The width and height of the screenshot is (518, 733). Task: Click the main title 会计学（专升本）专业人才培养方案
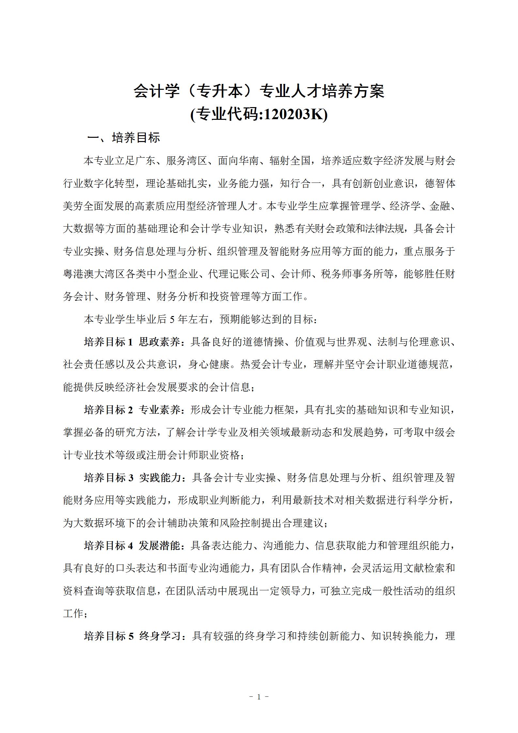click(x=259, y=91)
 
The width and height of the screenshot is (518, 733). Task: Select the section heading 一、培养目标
click(x=124, y=138)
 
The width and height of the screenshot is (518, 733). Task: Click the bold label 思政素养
click(x=160, y=342)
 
